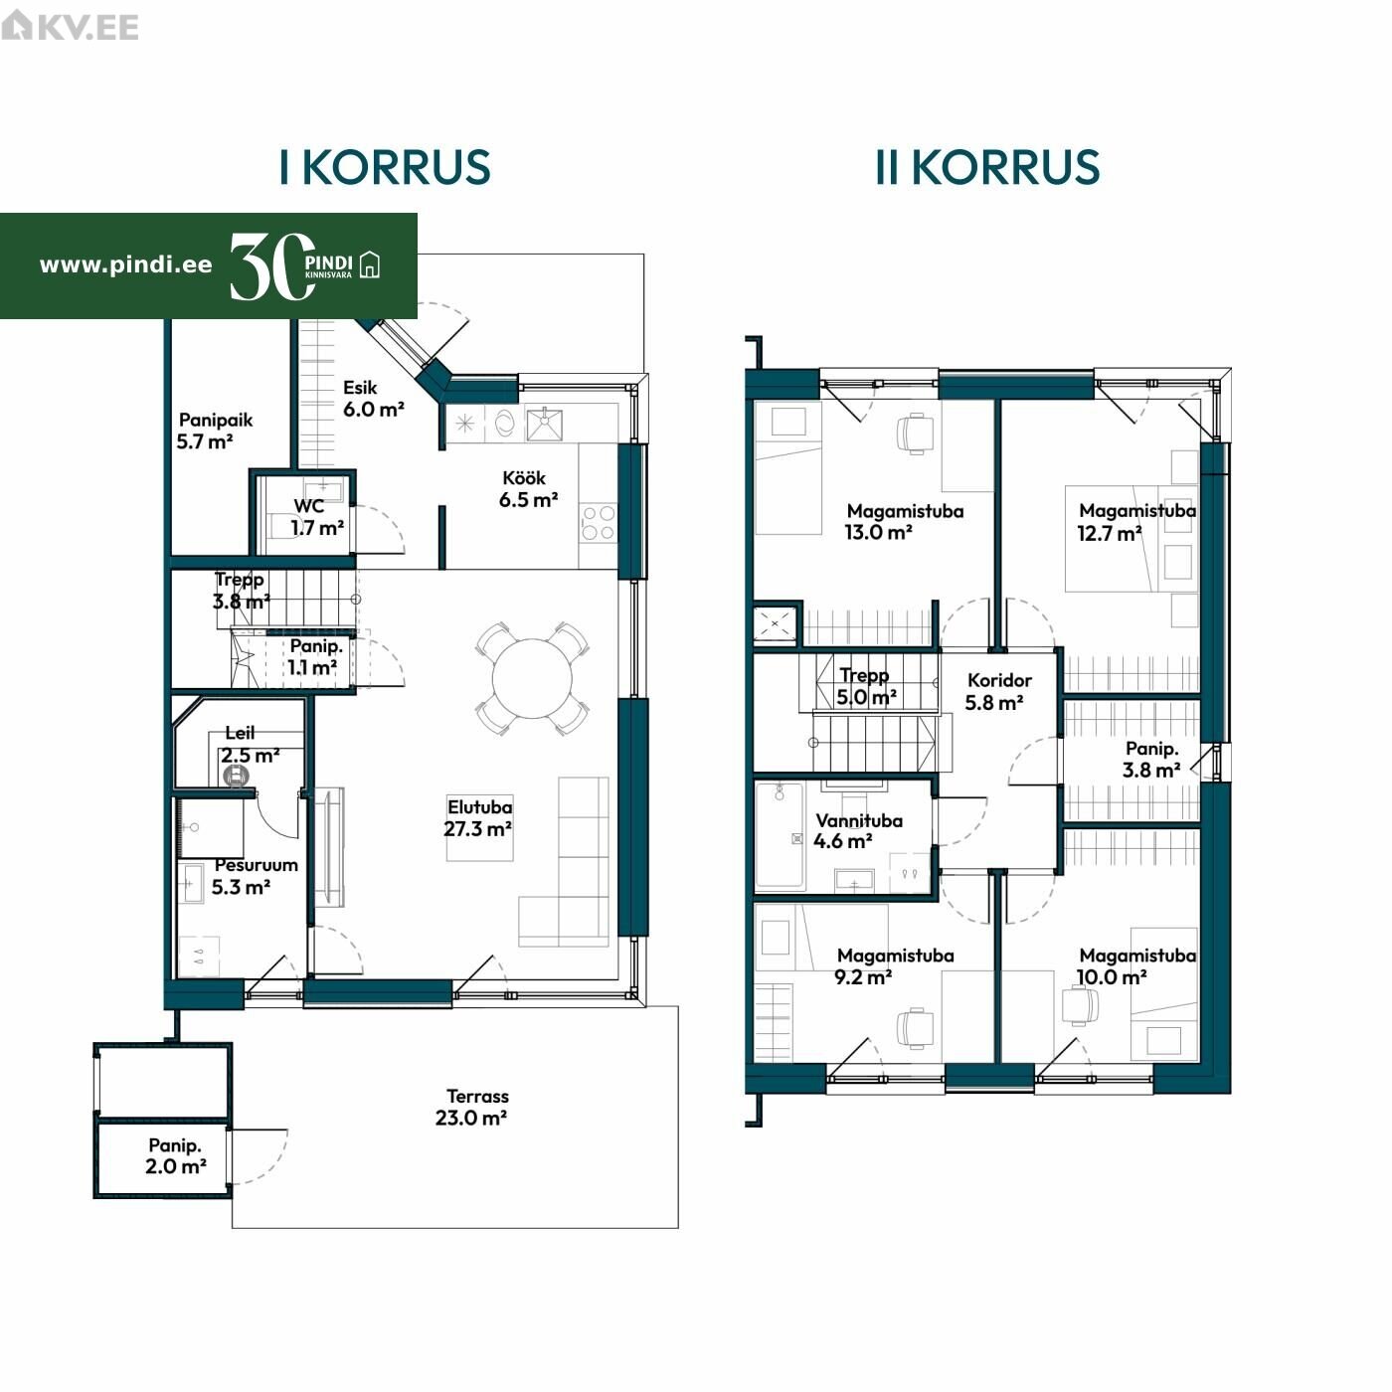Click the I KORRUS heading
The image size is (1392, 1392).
click(385, 167)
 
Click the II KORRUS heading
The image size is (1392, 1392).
click(986, 167)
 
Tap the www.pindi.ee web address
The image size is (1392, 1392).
click(125, 264)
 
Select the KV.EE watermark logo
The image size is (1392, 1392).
click(70, 27)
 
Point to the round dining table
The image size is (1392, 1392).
click(532, 678)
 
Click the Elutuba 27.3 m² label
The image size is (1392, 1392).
click(479, 817)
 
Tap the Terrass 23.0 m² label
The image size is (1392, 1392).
click(471, 1107)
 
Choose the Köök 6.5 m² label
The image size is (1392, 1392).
click(528, 489)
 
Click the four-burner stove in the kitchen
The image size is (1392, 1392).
click(599, 523)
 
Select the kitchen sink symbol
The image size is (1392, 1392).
click(544, 424)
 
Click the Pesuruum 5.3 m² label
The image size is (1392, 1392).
click(255, 876)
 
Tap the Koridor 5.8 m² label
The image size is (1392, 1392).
click(997, 691)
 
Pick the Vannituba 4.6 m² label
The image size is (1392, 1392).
click(858, 830)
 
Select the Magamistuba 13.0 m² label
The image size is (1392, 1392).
click(905, 522)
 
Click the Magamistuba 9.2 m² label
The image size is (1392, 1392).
click(894, 966)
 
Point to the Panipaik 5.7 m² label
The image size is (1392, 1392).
click(215, 431)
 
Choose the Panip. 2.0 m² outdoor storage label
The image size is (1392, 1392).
click(176, 1155)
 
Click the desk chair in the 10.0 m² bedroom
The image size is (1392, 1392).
click(1080, 1005)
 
